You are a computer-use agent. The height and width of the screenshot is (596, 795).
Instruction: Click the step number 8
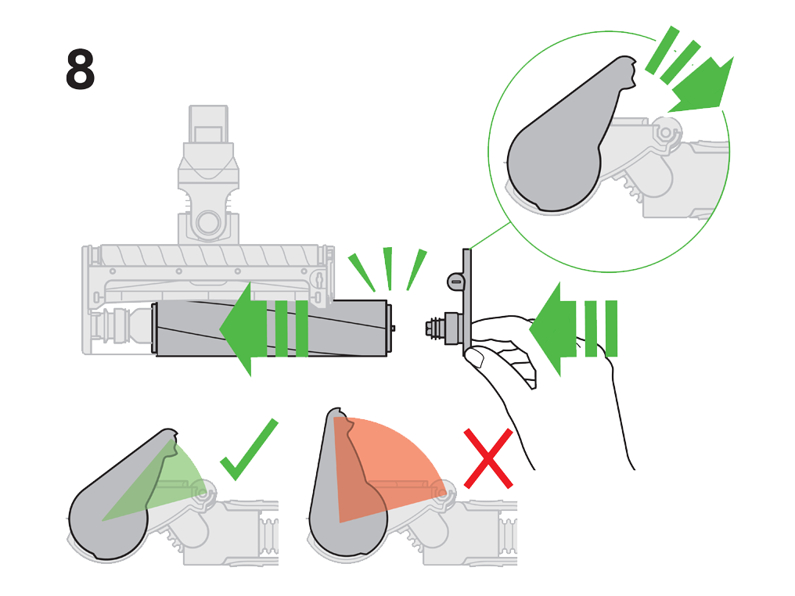tap(80, 70)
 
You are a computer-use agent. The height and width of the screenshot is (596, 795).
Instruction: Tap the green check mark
tap(249, 452)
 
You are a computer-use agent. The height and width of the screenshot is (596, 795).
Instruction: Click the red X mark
tap(488, 458)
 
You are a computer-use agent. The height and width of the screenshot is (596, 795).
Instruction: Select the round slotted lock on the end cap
tap(455, 283)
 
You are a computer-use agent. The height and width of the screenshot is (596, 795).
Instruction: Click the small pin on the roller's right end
tap(392, 328)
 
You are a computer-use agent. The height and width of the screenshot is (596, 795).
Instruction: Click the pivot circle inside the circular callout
tap(665, 133)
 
